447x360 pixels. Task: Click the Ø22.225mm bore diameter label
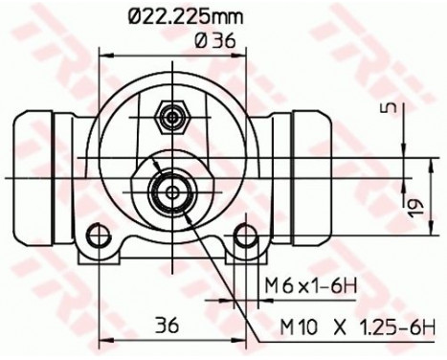(x=186, y=16)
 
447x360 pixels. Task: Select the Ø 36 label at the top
(x=215, y=41)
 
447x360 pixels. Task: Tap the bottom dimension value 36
(x=167, y=326)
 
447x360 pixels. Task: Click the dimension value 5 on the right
(x=390, y=107)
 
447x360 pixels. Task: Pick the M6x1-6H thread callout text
(x=310, y=286)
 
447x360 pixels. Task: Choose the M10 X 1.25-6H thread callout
(x=357, y=327)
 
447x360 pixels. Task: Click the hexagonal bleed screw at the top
(x=172, y=118)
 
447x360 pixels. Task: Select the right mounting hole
(x=246, y=236)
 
